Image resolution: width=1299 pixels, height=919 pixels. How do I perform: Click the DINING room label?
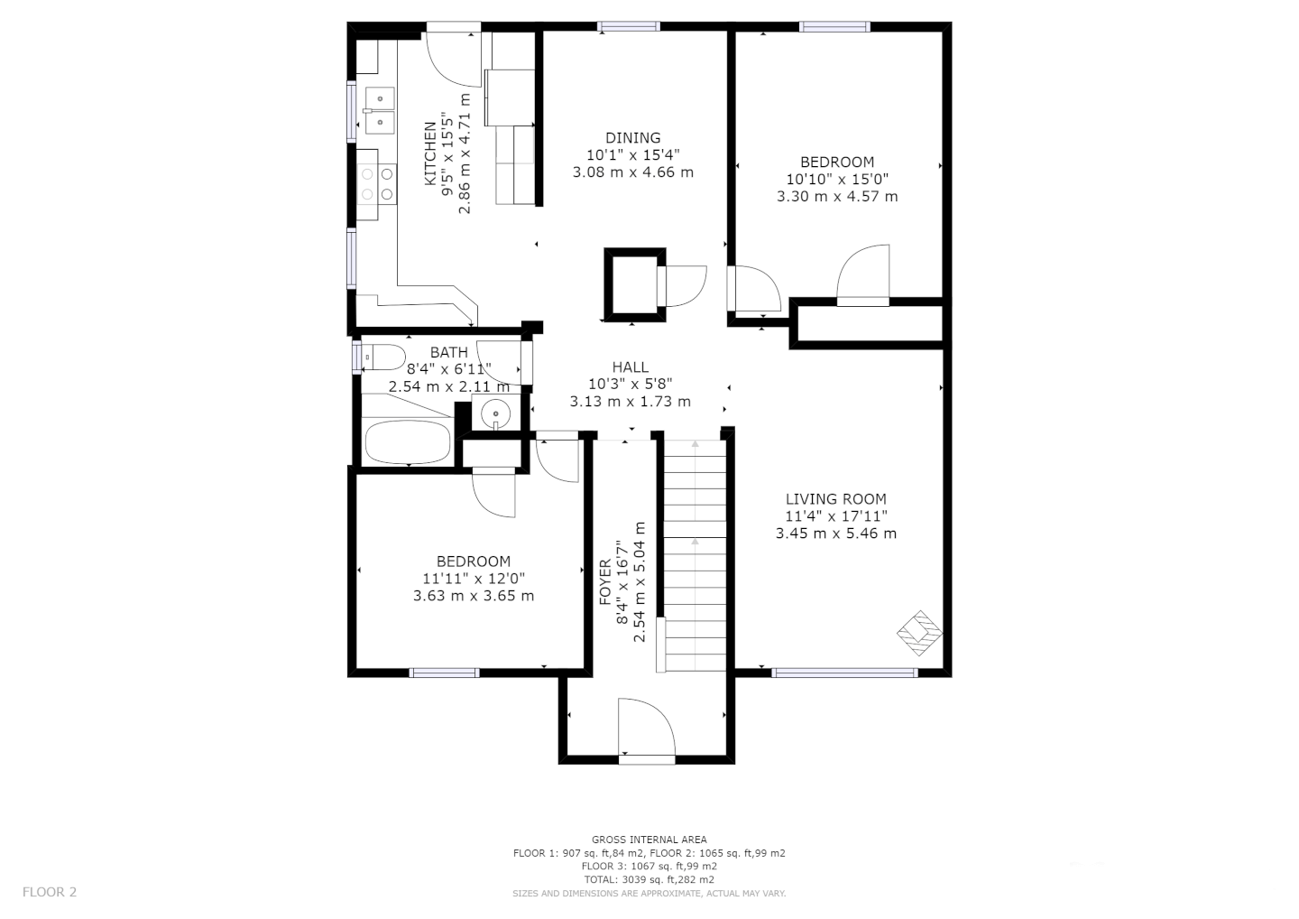(632, 138)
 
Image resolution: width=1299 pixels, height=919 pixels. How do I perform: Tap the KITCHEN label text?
(430, 153)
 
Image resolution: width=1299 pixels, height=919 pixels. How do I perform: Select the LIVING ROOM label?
(835, 499)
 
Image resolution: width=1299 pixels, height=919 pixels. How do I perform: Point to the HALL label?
(631, 367)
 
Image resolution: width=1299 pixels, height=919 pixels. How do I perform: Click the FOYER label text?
(604, 582)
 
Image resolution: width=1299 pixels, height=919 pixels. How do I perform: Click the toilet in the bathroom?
(382, 357)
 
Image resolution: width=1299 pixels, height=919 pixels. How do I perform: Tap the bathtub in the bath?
(409, 442)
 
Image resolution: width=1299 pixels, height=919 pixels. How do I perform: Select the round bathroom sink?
(495, 413)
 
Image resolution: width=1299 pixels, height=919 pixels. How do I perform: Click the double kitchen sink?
(380, 110)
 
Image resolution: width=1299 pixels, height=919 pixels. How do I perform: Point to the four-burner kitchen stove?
(376, 184)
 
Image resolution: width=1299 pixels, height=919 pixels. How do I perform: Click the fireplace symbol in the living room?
(920, 633)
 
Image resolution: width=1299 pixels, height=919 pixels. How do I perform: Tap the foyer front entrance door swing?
(647, 727)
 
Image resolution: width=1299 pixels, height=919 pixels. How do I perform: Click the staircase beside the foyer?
(695, 555)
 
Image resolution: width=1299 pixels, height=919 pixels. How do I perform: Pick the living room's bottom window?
(844, 673)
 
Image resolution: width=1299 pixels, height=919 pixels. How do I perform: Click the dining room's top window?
(629, 26)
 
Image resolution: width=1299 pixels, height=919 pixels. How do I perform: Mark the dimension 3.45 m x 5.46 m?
(836, 534)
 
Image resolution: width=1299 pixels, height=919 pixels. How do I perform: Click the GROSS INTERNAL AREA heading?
(649, 840)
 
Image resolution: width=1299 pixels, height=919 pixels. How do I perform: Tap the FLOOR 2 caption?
(50, 892)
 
